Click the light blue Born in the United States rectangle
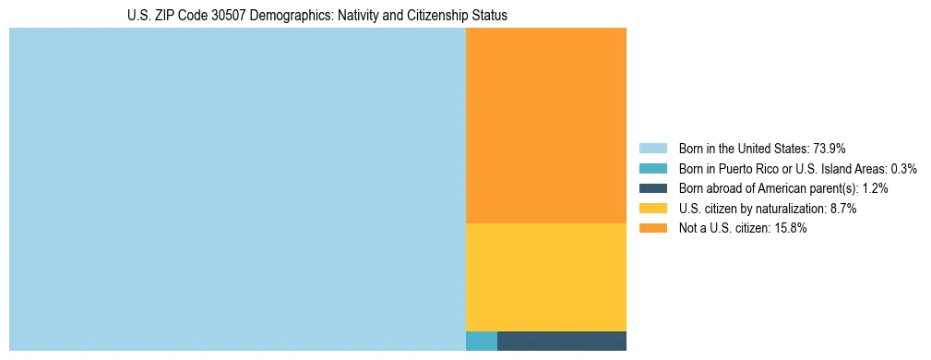[x=237, y=189]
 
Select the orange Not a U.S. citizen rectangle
[x=546, y=126]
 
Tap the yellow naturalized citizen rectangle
[x=546, y=277]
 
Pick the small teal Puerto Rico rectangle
[x=482, y=341]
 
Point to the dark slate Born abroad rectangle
[x=562, y=341]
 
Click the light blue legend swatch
[x=652, y=149]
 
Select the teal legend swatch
[x=652, y=169]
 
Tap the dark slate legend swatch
[x=652, y=188]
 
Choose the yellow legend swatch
[x=652, y=209]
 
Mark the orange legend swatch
[x=652, y=229]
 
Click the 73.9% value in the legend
[x=830, y=149]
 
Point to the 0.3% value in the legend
[x=903, y=169]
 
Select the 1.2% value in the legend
[x=876, y=188]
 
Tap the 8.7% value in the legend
[x=841, y=209]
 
